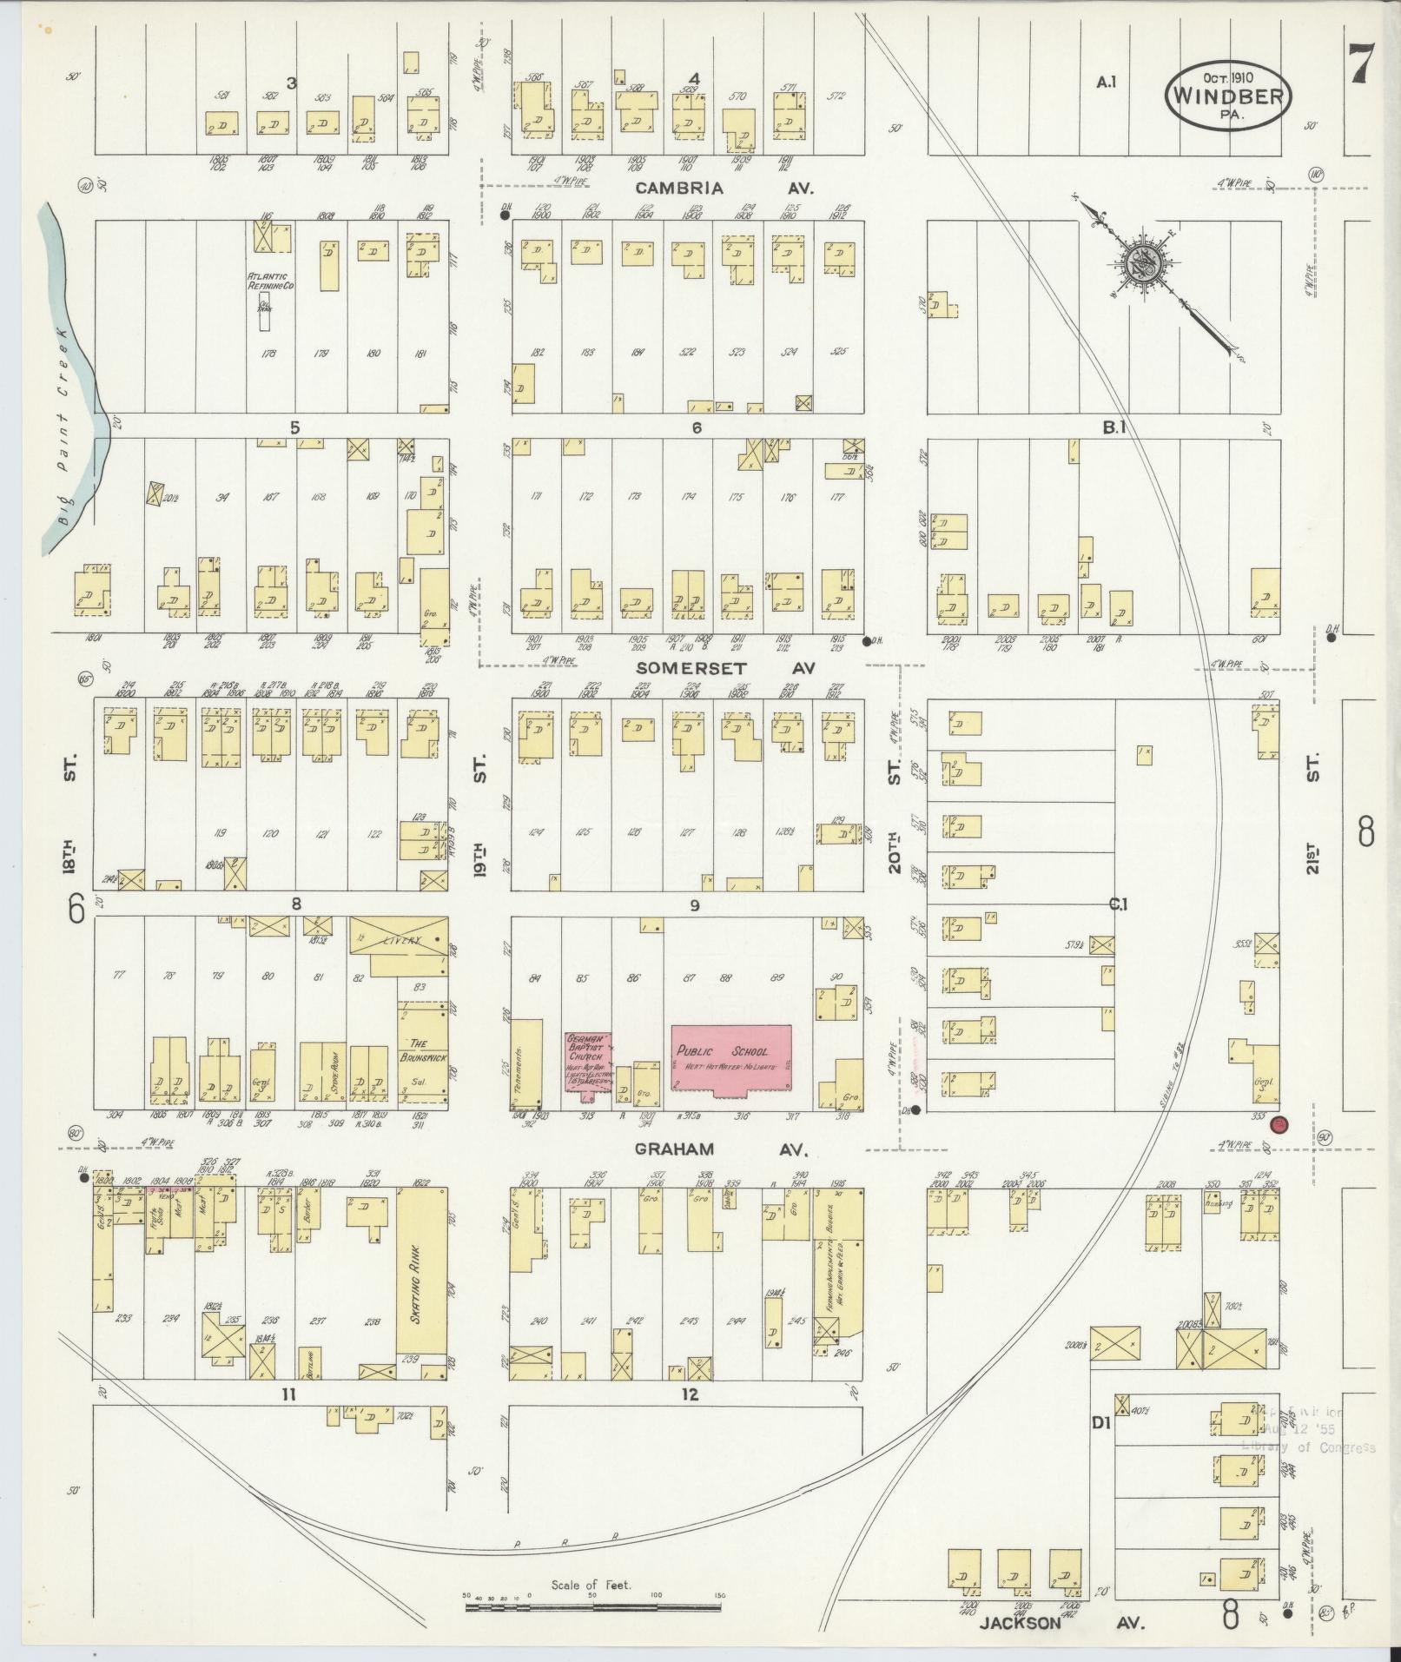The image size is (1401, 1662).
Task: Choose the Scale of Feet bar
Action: click(x=592, y=1607)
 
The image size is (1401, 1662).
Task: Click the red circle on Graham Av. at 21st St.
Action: click(x=1279, y=1125)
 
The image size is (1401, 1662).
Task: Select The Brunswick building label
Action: click(x=423, y=1052)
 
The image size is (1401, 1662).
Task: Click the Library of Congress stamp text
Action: click(x=1308, y=1447)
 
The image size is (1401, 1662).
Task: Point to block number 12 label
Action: click(x=690, y=1395)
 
